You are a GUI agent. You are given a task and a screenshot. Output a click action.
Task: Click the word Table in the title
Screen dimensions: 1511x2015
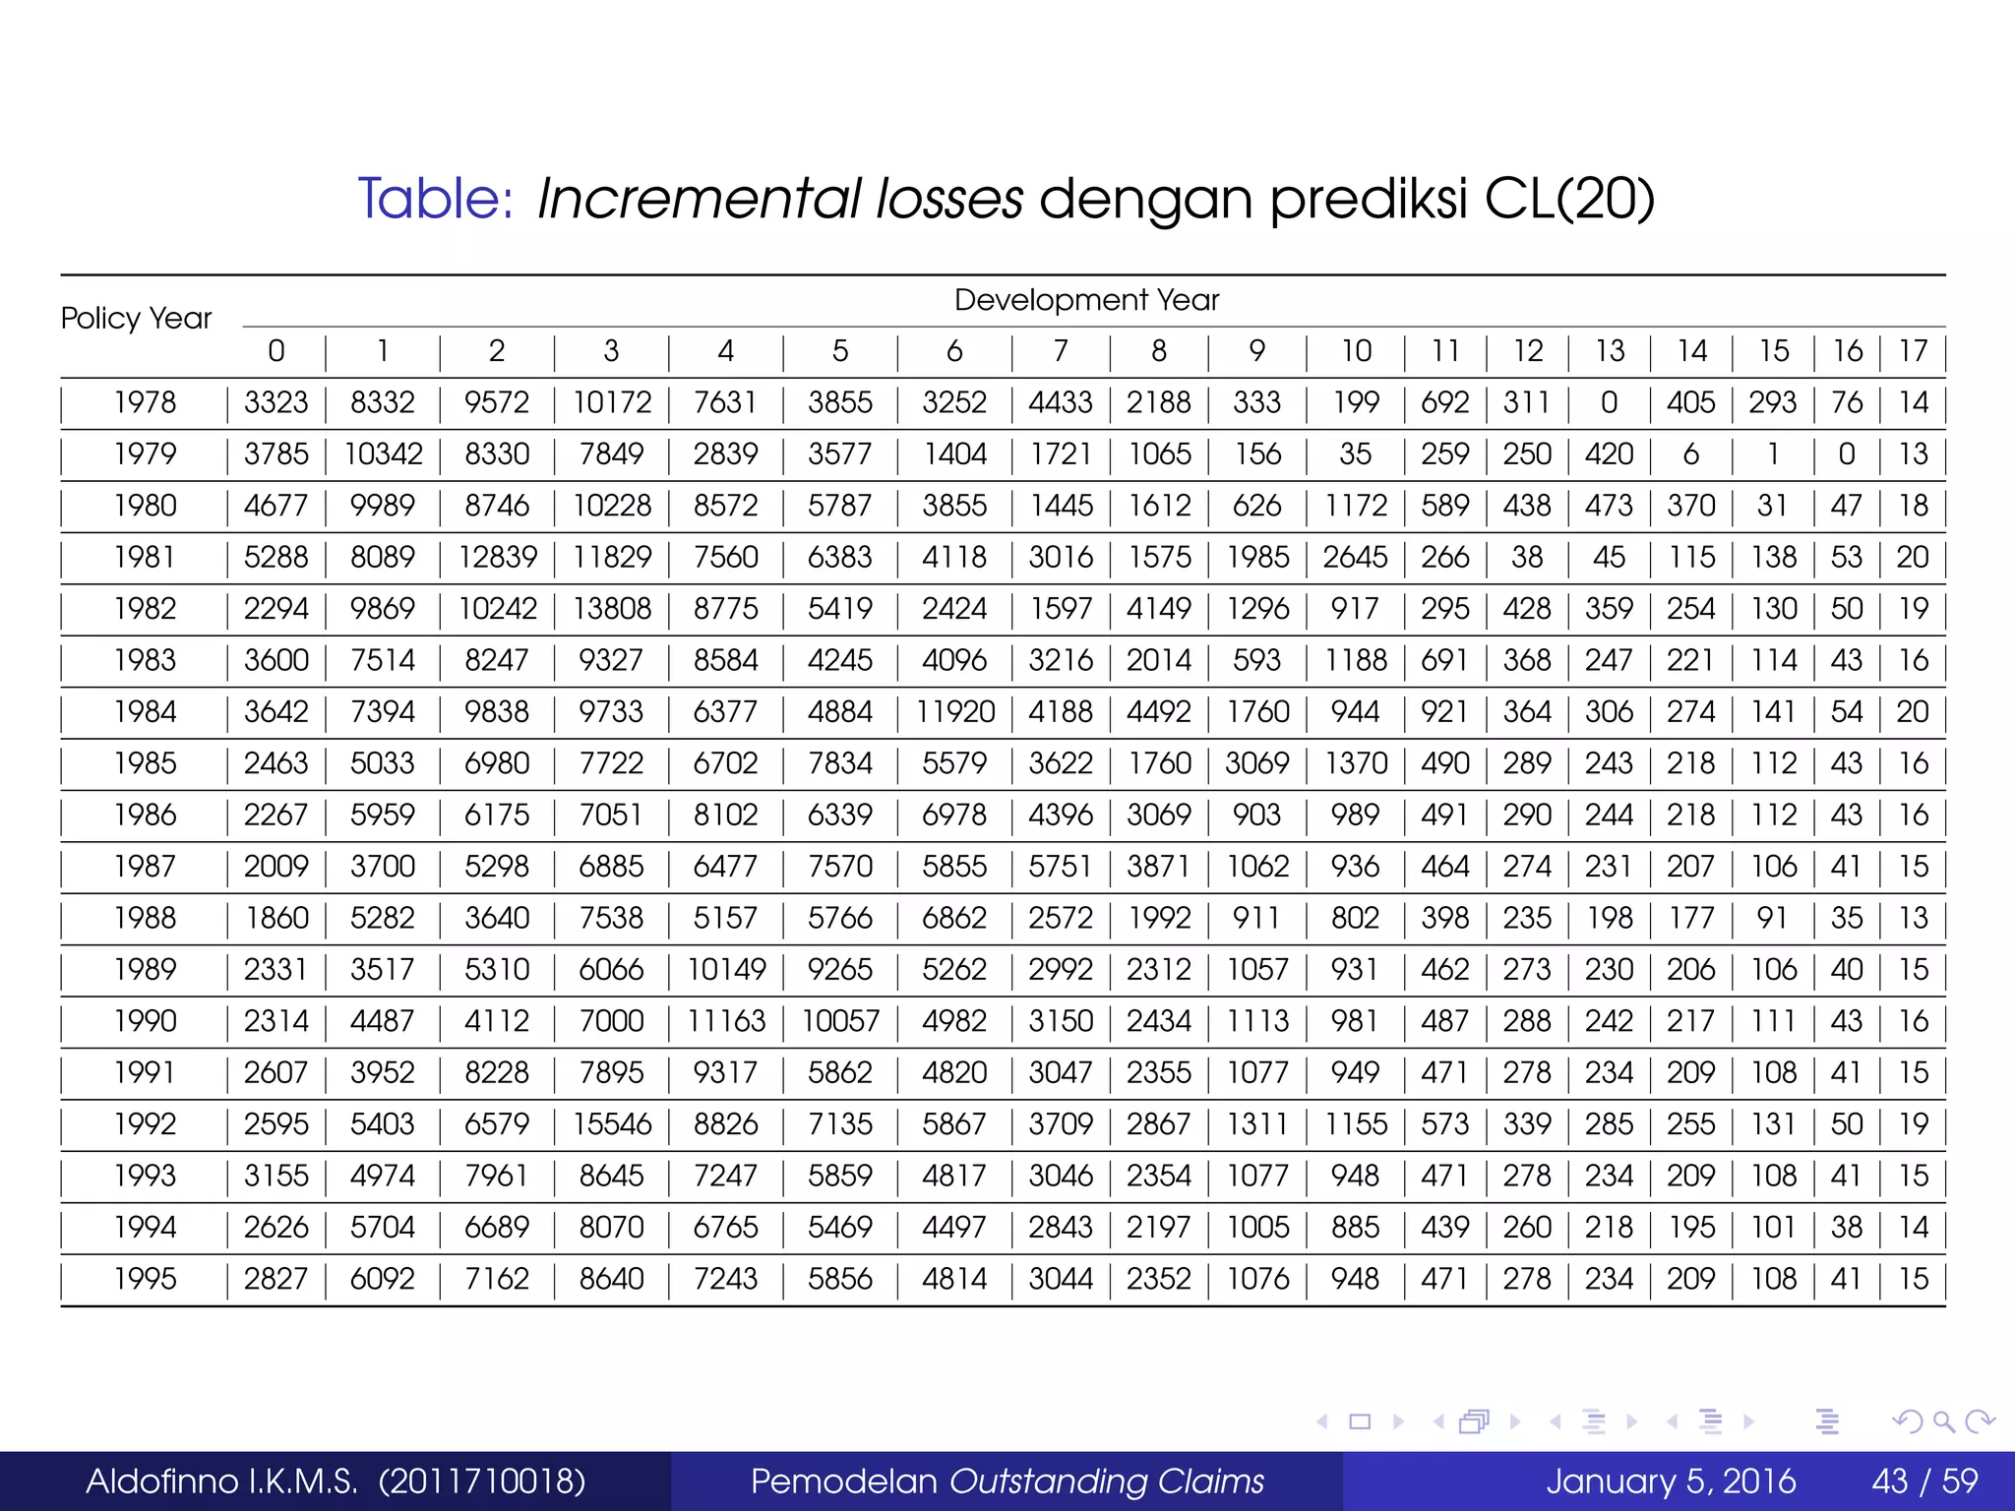point(434,199)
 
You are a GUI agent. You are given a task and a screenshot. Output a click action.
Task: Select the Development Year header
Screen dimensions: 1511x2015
point(1086,300)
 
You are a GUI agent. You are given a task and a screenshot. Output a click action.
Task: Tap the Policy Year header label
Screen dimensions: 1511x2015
point(136,319)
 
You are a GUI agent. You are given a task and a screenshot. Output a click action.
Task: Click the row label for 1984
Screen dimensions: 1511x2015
point(145,712)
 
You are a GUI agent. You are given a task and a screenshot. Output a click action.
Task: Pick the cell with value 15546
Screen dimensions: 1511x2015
point(612,1124)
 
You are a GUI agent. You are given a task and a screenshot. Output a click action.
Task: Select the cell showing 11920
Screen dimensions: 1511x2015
point(954,712)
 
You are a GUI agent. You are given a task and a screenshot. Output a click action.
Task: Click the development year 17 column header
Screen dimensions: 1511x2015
point(1913,351)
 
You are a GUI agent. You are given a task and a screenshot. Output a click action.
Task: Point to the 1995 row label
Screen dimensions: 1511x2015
point(145,1279)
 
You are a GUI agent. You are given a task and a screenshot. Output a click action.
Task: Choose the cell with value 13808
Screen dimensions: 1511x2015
point(612,609)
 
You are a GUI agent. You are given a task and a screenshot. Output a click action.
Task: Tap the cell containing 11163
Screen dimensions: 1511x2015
point(726,1021)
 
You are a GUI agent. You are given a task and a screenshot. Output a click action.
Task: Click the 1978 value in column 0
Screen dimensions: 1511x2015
point(276,403)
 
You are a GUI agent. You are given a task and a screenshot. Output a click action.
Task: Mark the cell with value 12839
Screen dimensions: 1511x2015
point(498,558)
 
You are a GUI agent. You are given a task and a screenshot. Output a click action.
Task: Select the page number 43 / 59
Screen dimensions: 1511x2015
point(1924,1481)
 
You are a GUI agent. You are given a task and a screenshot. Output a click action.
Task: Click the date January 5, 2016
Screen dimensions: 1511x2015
point(1671,1481)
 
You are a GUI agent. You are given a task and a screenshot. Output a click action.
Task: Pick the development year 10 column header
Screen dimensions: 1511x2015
point(1356,351)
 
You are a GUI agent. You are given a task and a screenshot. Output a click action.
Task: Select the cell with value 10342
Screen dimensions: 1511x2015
point(383,454)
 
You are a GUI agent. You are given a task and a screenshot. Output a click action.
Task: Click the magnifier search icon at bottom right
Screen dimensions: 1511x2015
point(1943,1421)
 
